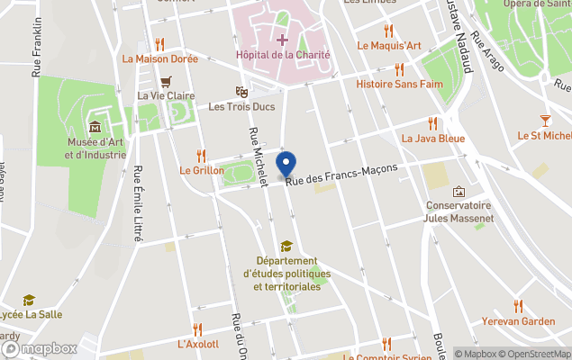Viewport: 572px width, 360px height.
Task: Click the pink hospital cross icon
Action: click(x=282, y=39)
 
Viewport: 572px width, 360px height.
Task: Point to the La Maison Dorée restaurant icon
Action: click(x=159, y=43)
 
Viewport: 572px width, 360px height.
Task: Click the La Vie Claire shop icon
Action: click(x=165, y=80)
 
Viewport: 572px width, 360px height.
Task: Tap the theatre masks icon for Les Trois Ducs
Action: click(x=241, y=91)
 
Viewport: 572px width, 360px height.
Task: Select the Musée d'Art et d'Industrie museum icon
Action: click(x=95, y=125)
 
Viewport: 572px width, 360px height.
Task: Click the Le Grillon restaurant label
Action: click(x=202, y=169)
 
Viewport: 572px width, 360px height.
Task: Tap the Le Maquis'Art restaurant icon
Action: click(x=388, y=31)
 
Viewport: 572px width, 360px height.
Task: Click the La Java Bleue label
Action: click(x=432, y=139)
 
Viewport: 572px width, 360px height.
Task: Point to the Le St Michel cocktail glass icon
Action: click(x=546, y=120)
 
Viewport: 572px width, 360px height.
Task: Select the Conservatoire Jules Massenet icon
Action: click(x=459, y=191)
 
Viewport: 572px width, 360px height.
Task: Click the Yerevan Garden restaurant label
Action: click(x=518, y=321)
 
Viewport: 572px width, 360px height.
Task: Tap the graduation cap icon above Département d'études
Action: click(x=286, y=246)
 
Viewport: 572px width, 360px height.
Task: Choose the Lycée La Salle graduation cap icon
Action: click(x=29, y=300)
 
